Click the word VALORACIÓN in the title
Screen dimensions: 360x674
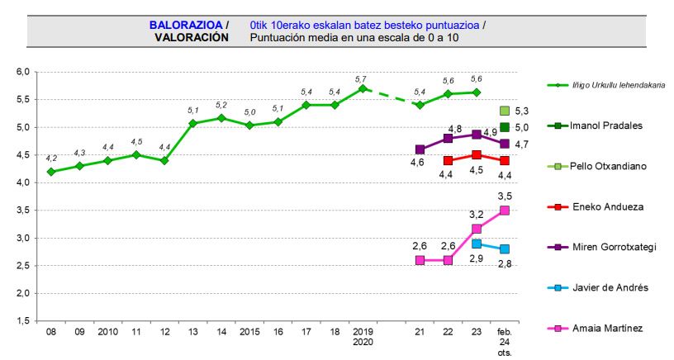click(192, 37)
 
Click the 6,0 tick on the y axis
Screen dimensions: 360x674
click(23, 73)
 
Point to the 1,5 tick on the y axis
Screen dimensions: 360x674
click(23, 321)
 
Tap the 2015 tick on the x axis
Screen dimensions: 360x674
click(249, 332)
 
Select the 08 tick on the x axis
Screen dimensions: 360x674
click(51, 332)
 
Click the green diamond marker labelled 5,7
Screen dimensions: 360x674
click(361, 88)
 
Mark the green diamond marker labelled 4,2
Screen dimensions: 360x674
click(51, 172)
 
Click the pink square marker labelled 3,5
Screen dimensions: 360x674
click(504, 211)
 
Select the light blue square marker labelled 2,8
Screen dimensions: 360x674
click(504, 249)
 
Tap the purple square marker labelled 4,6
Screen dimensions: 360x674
click(420, 149)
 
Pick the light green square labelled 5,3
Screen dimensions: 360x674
click(504, 111)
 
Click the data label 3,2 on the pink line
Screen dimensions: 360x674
click(477, 213)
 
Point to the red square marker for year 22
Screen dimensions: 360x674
click(448, 161)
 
